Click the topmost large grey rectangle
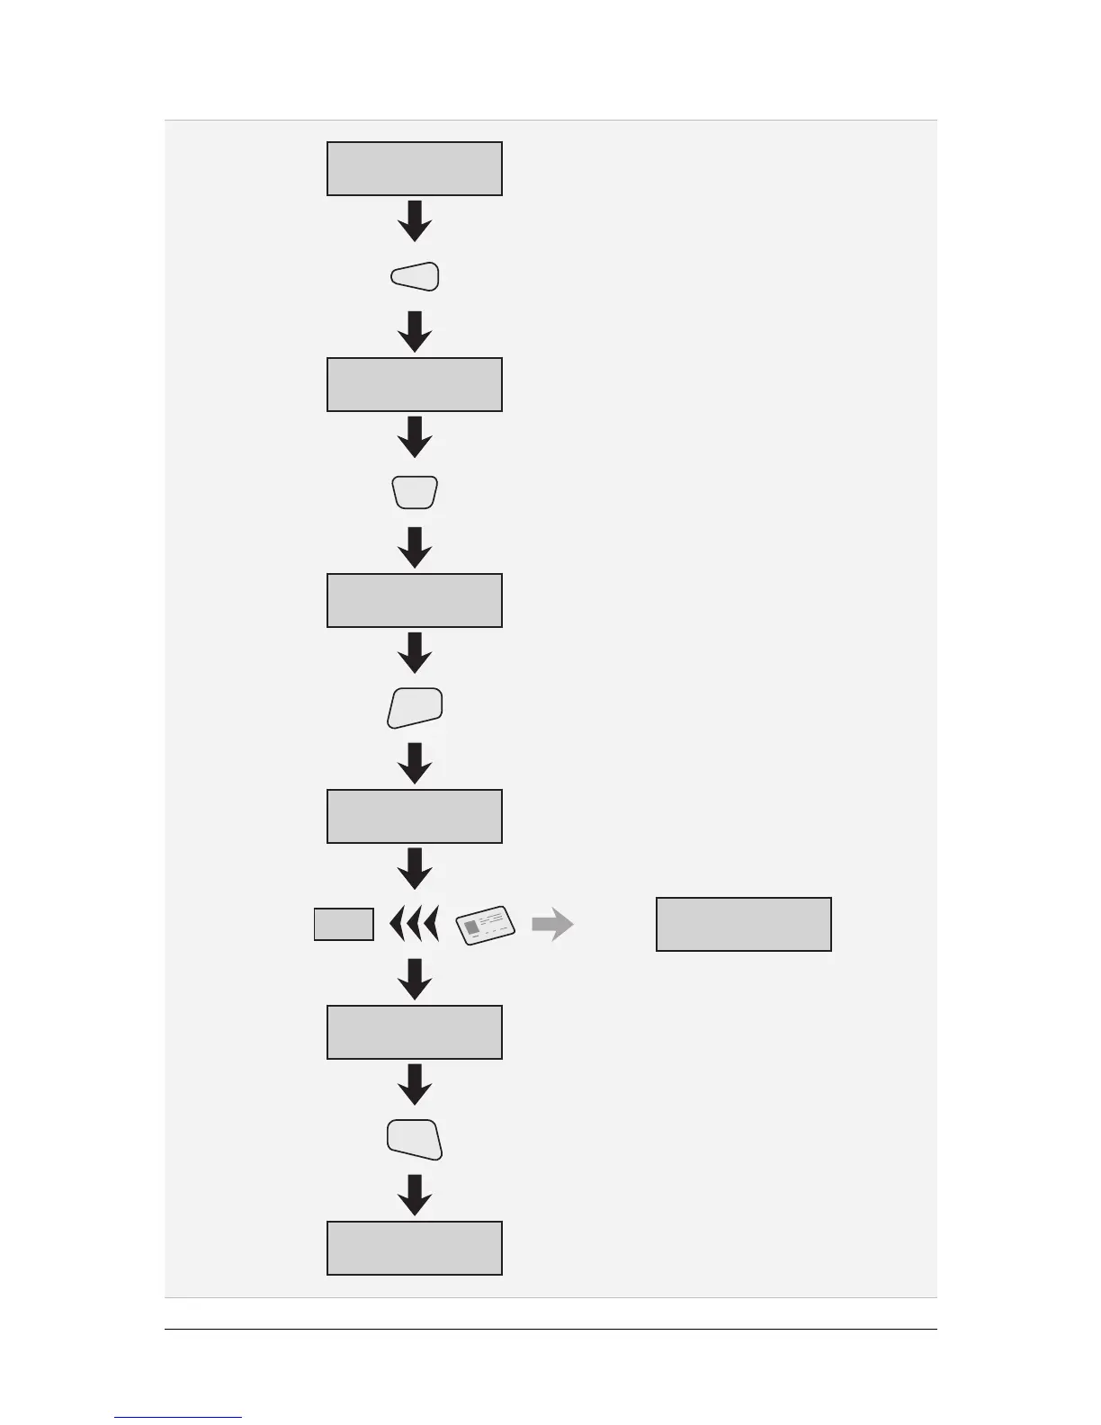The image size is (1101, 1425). tap(414, 168)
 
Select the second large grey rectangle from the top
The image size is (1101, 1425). tap(414, 384)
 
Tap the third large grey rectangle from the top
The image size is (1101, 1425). tap(414, 600)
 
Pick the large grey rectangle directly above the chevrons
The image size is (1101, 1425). tap(414, 816)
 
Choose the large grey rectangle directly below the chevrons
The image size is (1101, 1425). tap(414, 1032)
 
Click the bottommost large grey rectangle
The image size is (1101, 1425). tap(414, 1248)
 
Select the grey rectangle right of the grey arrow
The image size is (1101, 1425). tap(743, 924)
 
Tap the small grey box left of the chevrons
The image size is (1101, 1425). tap(344, 924)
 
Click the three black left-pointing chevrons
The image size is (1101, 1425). tap(414, 924)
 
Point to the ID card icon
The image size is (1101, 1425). tap(486, 925)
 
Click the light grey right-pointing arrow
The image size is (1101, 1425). tap(552, 924)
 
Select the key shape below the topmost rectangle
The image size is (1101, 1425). tap(416, 276)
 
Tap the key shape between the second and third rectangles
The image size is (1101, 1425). tap(415, 492)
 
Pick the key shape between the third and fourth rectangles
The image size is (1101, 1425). tap(415, 708)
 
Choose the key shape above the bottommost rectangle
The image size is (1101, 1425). tap(415, 1140)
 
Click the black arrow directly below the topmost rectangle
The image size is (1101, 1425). tap(415, 220)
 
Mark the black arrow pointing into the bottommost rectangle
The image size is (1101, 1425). tap(415, 1194)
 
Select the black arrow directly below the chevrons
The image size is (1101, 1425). tap(415, 978)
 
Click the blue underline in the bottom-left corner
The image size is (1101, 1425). tap(178, 1417)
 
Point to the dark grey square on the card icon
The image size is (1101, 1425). tap(472, 928)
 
